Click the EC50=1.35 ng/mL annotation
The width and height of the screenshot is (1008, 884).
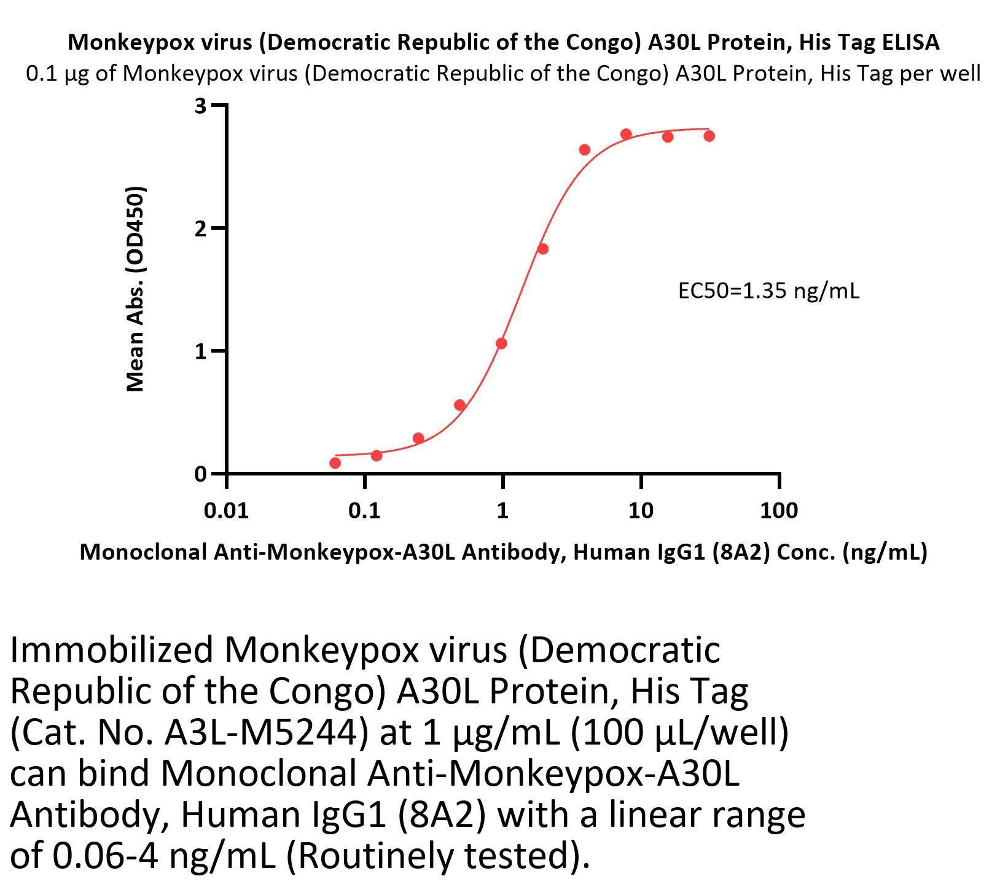tap(768, 290)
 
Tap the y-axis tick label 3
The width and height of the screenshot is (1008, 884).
tap(200, 106)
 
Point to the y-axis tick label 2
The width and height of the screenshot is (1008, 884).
tap(200, 229)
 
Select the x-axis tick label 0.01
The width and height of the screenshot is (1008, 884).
tap(227, 510)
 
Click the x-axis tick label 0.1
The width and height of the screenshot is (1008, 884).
tap(364, 510)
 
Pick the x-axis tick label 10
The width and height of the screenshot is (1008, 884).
tap(641, 510)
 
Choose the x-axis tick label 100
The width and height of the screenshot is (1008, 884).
tap(779, 510)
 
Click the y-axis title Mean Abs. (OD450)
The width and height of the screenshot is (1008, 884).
tap(135, 289)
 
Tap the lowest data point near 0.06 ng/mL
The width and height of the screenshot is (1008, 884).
tap(335, 463)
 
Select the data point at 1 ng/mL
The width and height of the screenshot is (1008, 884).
tap(501, 343)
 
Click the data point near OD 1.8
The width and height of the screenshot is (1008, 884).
tap(542, 249)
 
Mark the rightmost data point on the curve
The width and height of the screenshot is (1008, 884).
tap(709, 136)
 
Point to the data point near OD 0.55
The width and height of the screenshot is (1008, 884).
tap(459, 405)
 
